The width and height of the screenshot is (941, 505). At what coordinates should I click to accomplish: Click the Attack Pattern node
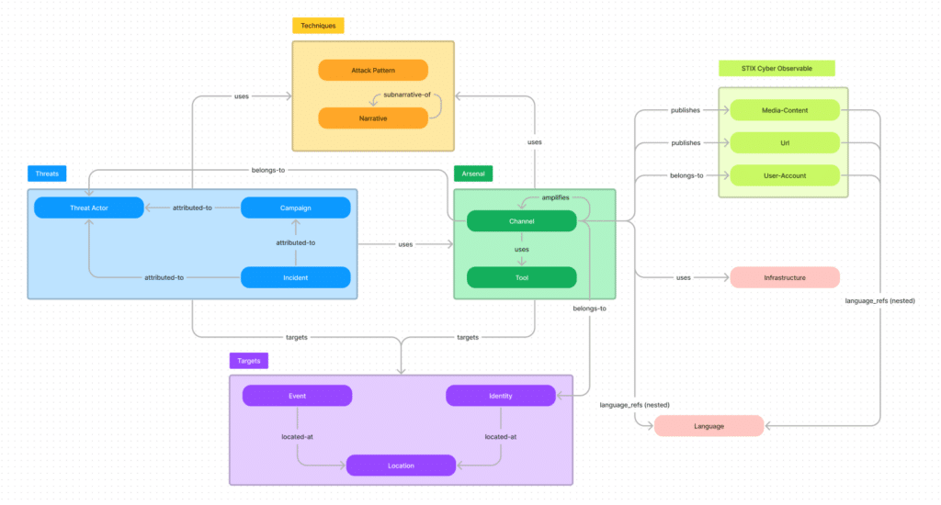point(373,71)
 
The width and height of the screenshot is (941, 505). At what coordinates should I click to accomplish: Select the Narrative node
point(373,118)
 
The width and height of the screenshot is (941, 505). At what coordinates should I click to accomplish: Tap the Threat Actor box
point(89,208)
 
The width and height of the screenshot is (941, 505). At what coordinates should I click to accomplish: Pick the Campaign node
point(296,208)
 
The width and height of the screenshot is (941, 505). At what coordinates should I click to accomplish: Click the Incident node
point(296,276)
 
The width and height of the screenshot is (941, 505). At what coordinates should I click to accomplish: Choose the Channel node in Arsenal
point(521,221)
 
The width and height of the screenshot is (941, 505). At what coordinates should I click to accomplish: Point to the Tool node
point(521,276)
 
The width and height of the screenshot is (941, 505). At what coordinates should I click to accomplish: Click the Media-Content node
point(785,110)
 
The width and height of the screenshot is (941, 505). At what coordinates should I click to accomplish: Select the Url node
point(785,142)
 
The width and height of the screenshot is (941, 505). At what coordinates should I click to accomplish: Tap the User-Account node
point(785,174)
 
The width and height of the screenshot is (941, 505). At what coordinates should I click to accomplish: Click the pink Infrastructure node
point(785,276)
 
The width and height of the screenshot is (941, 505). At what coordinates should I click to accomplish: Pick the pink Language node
point(709,425)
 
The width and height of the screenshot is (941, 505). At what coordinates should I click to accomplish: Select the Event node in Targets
point(297,396)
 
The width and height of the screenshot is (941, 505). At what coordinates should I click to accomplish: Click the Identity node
point(501,396)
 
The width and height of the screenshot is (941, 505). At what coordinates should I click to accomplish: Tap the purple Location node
point(401,466)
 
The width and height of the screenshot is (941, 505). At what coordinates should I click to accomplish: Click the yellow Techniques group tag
point(318,26)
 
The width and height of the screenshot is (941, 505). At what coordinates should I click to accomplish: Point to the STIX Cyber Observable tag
point(777,68)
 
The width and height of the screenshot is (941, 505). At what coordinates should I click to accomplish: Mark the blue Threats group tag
point(47,173)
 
